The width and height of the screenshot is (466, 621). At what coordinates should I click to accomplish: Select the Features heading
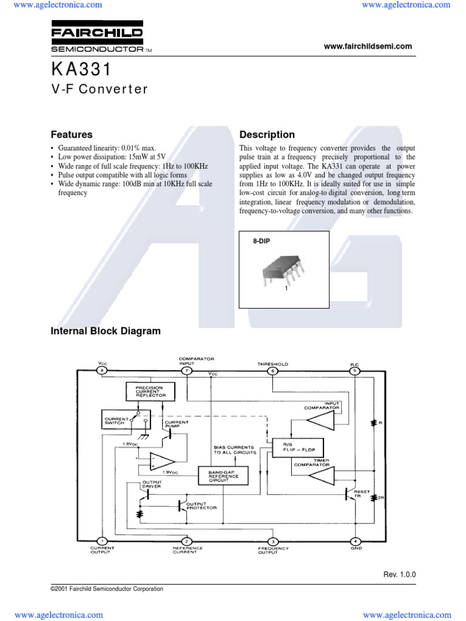click(72, 135)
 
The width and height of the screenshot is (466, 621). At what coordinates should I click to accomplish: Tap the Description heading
click(267, 135)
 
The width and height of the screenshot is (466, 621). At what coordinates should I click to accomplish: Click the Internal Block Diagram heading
click(106, 331)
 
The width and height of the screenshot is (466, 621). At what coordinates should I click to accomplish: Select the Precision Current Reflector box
click(150, 392)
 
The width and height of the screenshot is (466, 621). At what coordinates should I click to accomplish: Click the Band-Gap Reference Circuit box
click(223, 476)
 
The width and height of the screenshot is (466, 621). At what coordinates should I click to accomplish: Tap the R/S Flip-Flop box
click(298, 448)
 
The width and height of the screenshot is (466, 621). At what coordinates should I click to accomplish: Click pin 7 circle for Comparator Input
click(187, 370)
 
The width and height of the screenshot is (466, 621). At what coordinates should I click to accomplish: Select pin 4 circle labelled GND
click(356, 541)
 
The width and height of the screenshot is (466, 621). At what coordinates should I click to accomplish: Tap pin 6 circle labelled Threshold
click(272, 370)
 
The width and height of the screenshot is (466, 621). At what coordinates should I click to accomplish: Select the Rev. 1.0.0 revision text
click(399, 574)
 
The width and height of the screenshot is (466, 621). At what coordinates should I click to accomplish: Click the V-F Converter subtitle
click(99, 89)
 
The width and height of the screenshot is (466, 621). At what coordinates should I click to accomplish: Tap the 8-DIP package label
click(261, 241)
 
